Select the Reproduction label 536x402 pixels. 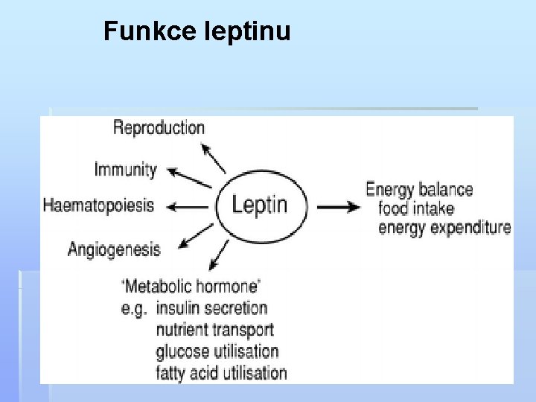click(x=159, y=127)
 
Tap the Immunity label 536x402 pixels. click(x=125, y=169)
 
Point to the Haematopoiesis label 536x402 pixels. click(x=98, y=205)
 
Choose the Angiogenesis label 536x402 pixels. click(x=114, y=248)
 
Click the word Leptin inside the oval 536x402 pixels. click(x=260, y=204)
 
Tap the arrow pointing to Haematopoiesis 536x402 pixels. click(x=185, y=206)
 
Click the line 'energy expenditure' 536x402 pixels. click(x=444, y=227)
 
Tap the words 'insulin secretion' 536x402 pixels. click(x=211, y=307)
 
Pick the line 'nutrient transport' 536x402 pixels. click(x=214, y=329)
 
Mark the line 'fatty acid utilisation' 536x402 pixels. click(x=221, y=371)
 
